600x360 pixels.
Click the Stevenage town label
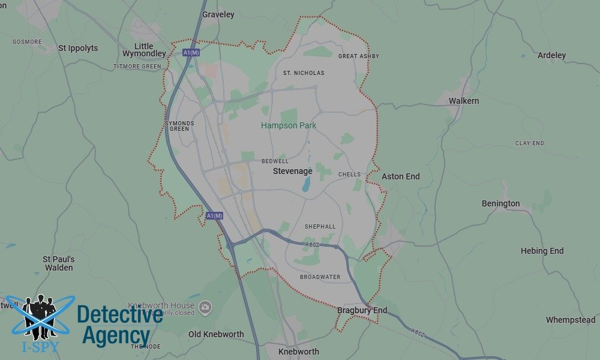coord(292,172)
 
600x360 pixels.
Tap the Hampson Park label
coord(289,125)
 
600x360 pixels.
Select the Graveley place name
coord(218,14)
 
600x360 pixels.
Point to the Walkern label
coord(464,101)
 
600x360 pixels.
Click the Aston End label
coord(401,176)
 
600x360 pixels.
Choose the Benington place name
coord(500,203)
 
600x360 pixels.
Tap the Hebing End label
coord(542,251)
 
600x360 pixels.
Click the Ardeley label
coord(551,55)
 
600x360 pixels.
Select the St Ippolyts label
coord(78,48)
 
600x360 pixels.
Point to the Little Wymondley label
coord(144,50)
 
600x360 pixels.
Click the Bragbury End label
coord(362,310)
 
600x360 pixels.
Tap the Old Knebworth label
coord(216,334)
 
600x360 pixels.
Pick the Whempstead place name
coord(570,320)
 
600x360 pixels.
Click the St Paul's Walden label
coord(58,263)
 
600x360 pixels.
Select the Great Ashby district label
coord(359,56)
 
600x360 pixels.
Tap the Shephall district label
coord(320,227)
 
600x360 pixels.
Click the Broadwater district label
coord(320,277)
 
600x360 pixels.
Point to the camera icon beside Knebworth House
coord(205,307)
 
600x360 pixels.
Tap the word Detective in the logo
coord(120,314)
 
